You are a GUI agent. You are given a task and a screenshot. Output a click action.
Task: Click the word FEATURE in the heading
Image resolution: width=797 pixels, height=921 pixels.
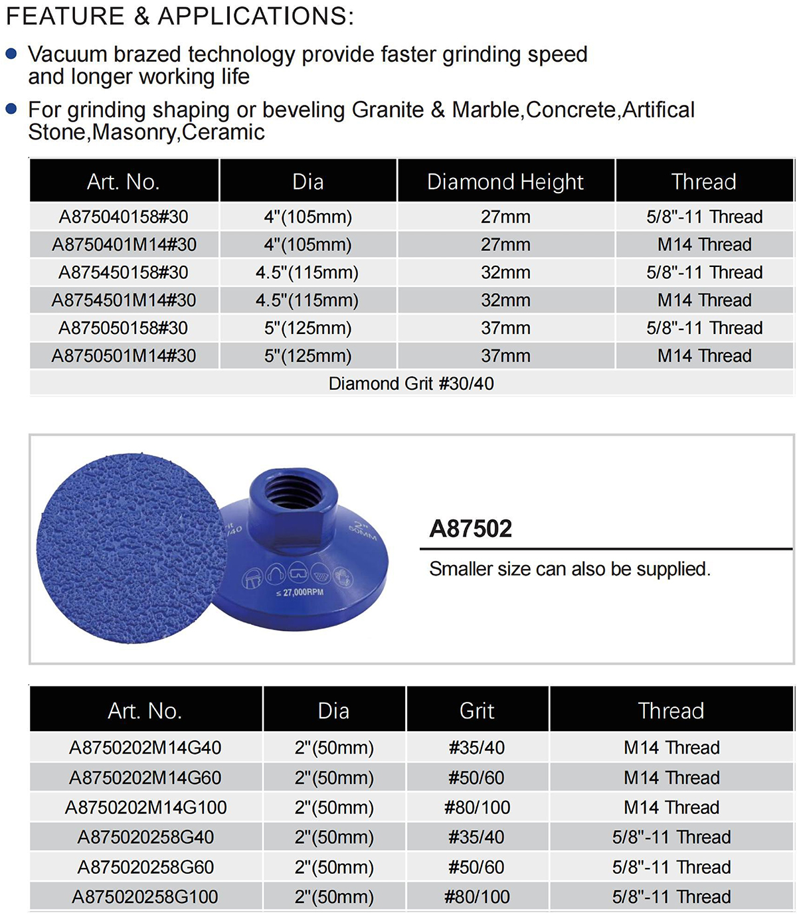(65, 16)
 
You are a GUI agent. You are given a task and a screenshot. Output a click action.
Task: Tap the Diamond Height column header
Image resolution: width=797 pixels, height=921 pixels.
(505, 181)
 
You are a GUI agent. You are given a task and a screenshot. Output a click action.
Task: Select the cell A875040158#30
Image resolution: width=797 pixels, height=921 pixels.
(124, 216)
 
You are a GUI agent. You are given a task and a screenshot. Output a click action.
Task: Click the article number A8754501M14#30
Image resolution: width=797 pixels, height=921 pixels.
(124, 300)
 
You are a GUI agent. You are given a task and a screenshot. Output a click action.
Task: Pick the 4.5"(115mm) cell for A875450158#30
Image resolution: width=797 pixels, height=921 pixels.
(308, 272)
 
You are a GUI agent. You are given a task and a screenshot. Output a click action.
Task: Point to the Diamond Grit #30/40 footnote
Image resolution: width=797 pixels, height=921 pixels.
(411, 383)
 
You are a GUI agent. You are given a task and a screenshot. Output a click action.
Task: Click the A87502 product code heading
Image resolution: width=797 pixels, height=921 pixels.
(471, 529)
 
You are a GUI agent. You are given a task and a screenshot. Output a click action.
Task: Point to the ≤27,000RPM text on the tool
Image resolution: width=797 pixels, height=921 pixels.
(300, 592)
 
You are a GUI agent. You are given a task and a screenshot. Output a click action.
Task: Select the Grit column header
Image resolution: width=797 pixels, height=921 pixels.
(477, 711)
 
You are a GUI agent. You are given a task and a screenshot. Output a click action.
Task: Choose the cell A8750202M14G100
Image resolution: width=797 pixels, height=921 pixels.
(146, 807)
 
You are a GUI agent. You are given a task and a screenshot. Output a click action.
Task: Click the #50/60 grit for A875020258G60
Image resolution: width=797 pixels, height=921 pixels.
(477, 867)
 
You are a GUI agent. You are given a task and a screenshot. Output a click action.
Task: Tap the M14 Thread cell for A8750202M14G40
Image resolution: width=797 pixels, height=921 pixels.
(671, 748)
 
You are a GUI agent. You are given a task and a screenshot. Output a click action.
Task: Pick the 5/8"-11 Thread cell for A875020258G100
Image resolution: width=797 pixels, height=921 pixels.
(671, 897)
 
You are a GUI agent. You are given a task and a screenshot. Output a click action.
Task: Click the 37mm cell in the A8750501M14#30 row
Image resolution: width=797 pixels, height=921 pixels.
(505, 356)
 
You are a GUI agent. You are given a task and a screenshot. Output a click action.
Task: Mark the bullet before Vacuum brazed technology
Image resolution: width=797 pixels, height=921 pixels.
(11, 54)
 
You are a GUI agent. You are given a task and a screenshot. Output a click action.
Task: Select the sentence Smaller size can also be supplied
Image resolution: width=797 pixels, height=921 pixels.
(570, 569)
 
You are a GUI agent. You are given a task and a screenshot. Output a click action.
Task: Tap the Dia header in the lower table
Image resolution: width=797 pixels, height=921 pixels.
(333, 711)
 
